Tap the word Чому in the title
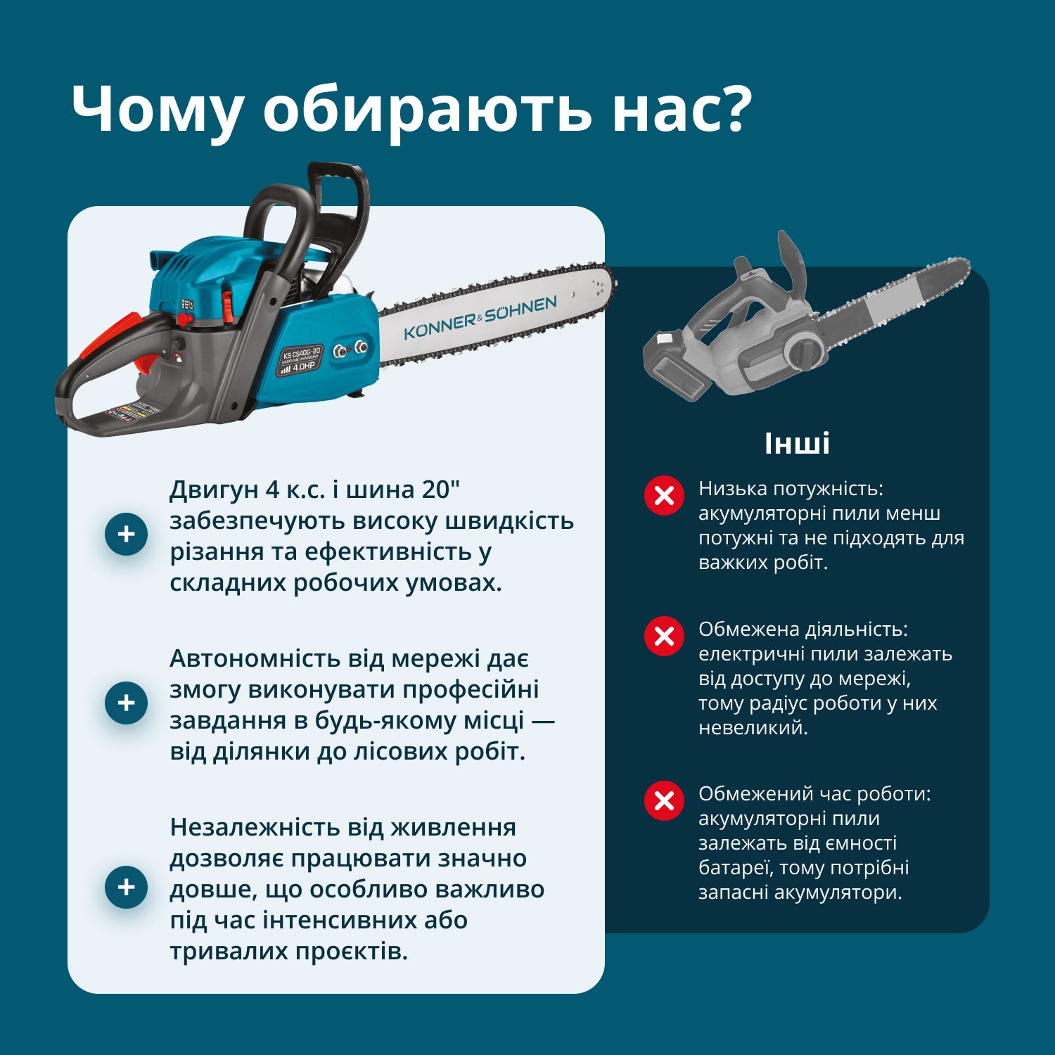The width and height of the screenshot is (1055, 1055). (x=158, y=109)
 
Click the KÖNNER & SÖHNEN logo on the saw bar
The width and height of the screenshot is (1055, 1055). (x=480, y=318)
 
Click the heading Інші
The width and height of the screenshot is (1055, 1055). (x=797, y=443)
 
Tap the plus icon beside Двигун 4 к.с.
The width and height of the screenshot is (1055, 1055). (x=126, y=534)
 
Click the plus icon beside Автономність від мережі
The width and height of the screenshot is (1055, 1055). (x=126, y=703)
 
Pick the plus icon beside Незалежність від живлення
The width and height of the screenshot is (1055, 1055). (x=126, y=886)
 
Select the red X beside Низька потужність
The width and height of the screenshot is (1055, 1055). (x=664, y=496)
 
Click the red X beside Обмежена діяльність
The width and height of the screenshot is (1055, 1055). (x=664, y=637)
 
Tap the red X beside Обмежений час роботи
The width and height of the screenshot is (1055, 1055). (x=664, y=800)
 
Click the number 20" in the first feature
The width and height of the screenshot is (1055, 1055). (x=441, y=490)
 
